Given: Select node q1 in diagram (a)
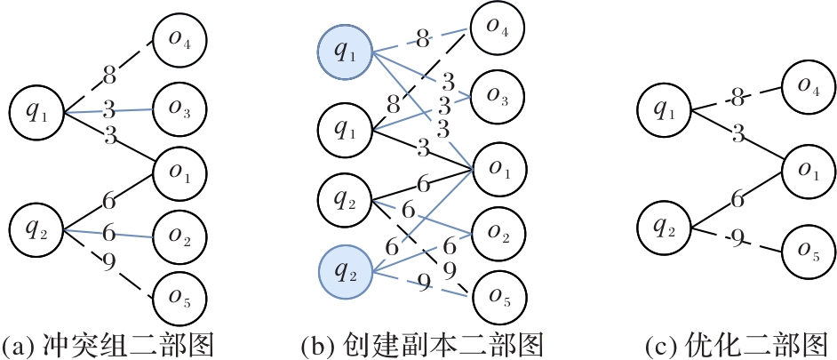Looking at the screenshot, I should (35, 112).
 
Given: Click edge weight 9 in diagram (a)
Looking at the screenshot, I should (108, 262).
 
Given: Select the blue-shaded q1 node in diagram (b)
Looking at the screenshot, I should (343, 52).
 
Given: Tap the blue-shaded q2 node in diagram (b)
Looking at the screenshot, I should (343, 272).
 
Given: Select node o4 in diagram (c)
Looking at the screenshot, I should (808, 87).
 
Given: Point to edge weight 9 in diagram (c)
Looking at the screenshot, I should (736, 236).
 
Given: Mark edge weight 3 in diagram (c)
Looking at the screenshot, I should (737, 134).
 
